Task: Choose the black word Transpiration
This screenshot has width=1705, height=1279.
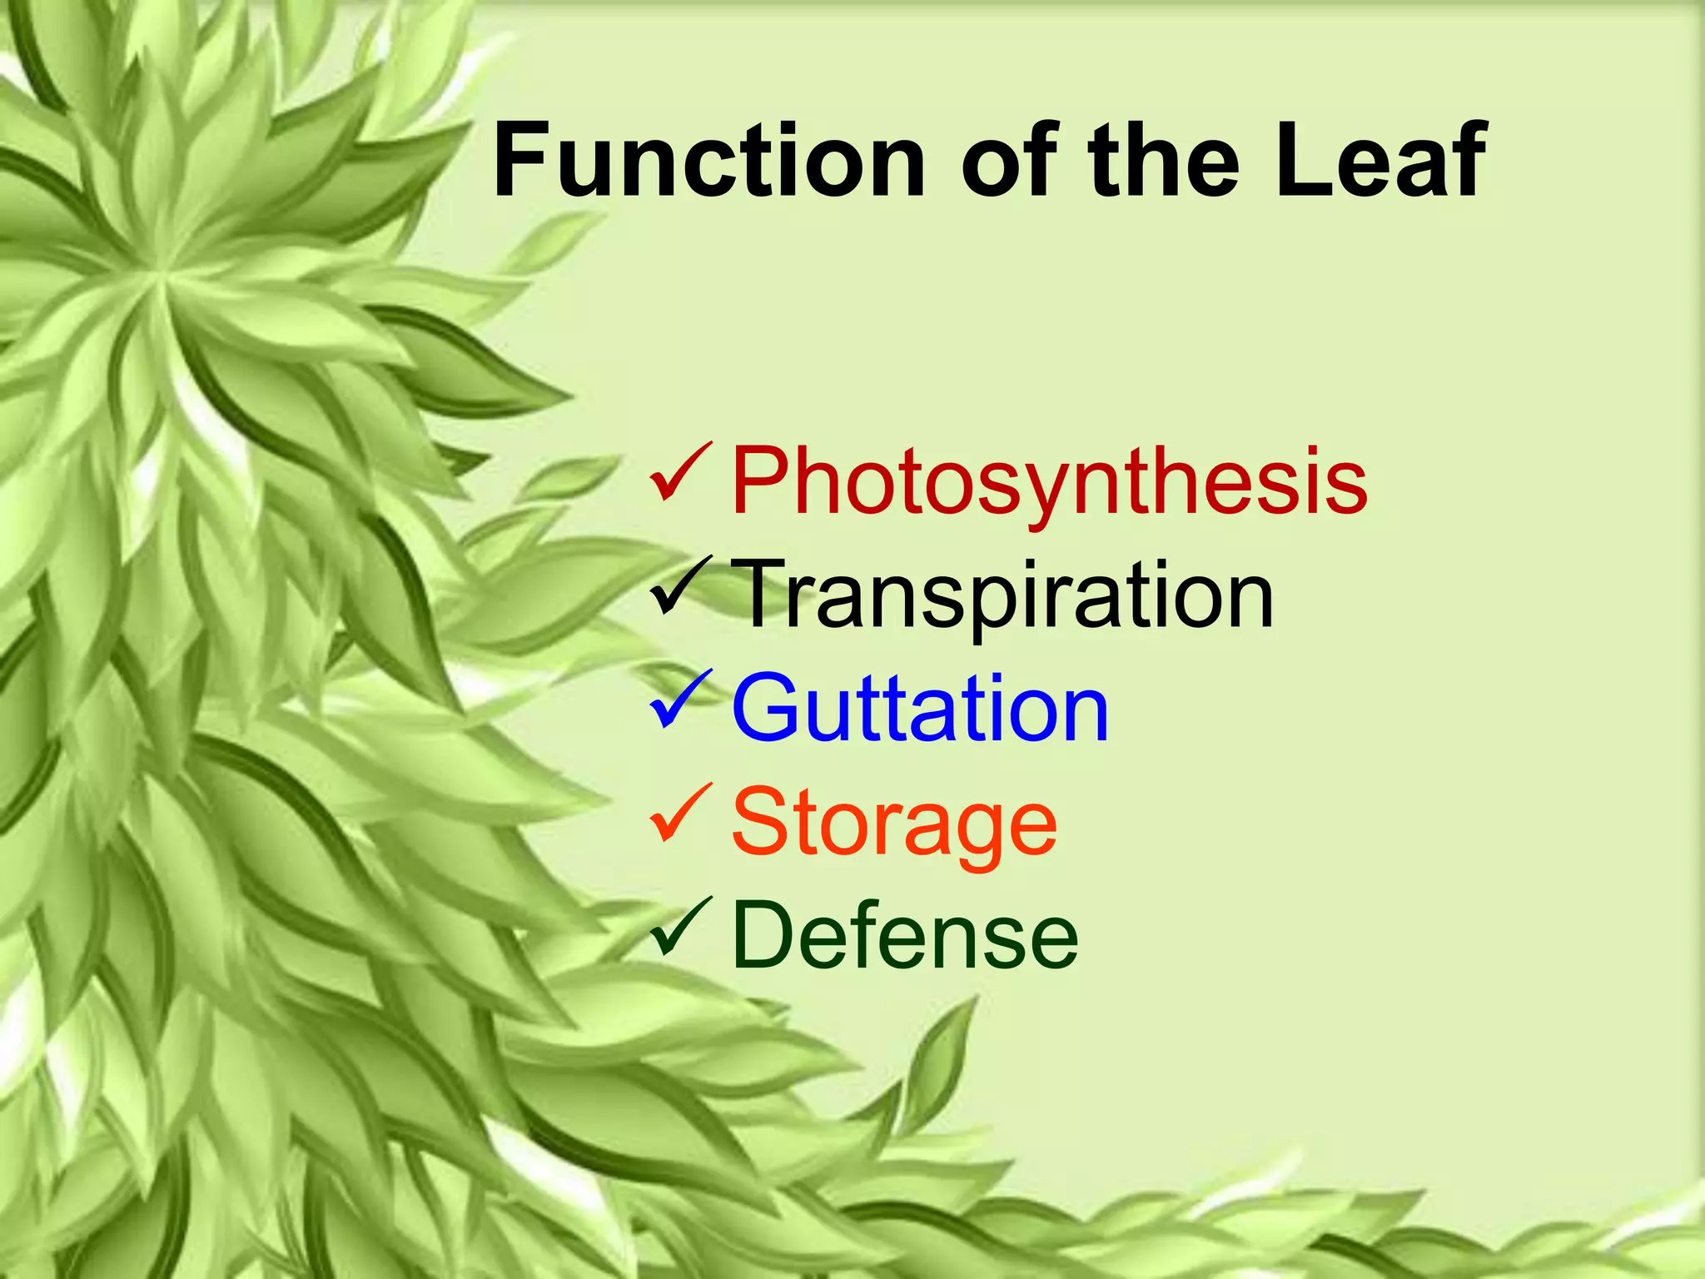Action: click(x=1003, y=595)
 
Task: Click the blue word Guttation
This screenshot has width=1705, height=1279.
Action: click(x=920, y=709)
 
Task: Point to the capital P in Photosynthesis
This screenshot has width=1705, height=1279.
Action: click(x=764, y=480)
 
